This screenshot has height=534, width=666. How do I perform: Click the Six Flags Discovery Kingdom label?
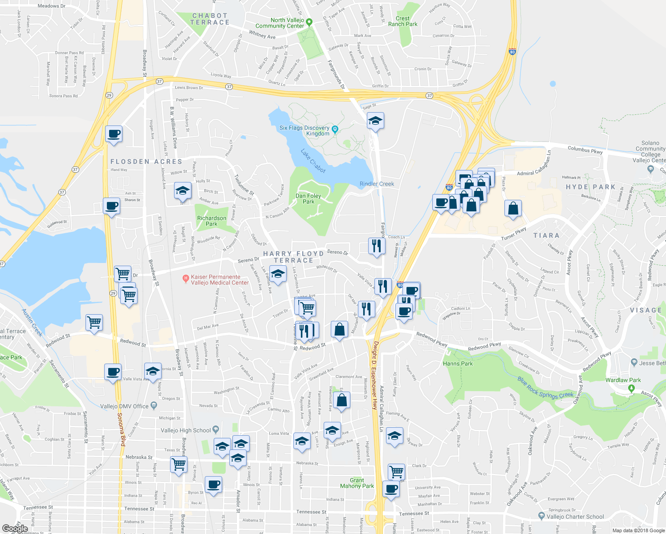click(305, 131)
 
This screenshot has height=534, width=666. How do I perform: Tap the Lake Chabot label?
click(313, 161)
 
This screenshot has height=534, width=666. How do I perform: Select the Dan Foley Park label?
click(308, 198)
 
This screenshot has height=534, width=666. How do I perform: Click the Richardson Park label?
click(211, 221)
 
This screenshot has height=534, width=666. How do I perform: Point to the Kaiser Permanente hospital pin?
click(186, 279)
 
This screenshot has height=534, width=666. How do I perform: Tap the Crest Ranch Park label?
click(402, 21)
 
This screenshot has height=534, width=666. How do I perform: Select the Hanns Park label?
click(458, 364)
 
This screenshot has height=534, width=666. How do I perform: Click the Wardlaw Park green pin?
click(631, 388)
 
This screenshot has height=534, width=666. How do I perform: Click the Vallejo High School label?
click(186, 430)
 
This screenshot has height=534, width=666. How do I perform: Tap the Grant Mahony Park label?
click(357, 483)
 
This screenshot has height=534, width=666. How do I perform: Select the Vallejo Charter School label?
click(575, 517)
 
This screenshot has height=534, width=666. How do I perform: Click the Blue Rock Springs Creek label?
click(545, 388)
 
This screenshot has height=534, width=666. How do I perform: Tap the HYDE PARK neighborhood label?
click(590, 187)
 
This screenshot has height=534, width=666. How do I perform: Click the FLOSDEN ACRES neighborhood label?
click(146, 162)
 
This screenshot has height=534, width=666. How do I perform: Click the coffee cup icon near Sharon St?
click(111, 206)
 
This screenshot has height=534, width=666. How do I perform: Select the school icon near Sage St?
click(375, 121)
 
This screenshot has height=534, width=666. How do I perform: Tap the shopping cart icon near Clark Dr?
click(396, 471)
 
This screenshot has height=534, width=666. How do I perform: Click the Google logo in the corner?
click(15, 529)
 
